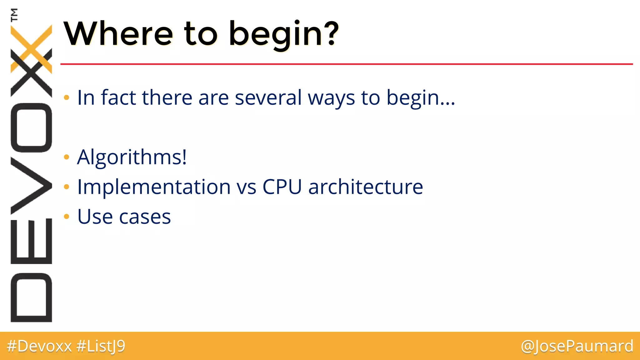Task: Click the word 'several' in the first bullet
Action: click(268, 97)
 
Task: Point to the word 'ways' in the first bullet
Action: click(331, 98)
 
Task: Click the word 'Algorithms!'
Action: click(132, 157)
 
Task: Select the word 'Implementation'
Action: click(154, 187)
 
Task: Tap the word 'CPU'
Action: click(282, 187)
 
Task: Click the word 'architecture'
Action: click(365, 187)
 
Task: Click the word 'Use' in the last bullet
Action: click(95, 217)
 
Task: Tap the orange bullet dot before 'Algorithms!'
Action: click(66, 157)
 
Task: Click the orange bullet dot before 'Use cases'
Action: click(66, 216)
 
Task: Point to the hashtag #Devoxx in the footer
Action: click(39, 346)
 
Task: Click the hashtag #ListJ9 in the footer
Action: click(101, 346)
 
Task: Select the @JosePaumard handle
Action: click(577, 346)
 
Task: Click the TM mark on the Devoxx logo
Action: click(14, 14)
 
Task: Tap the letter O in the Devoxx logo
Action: click(31, 127)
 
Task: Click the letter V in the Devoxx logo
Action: click(31, 186)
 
